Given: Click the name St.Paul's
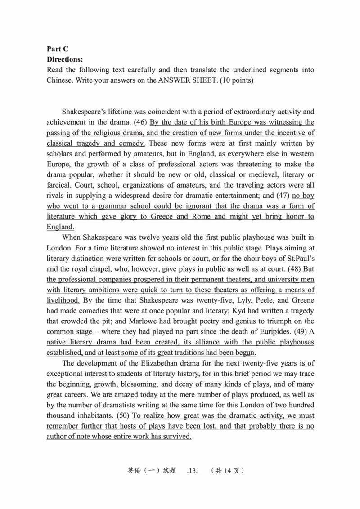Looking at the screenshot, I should (x=299, y=259).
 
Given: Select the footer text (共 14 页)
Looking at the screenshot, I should (x=228, y=471).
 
